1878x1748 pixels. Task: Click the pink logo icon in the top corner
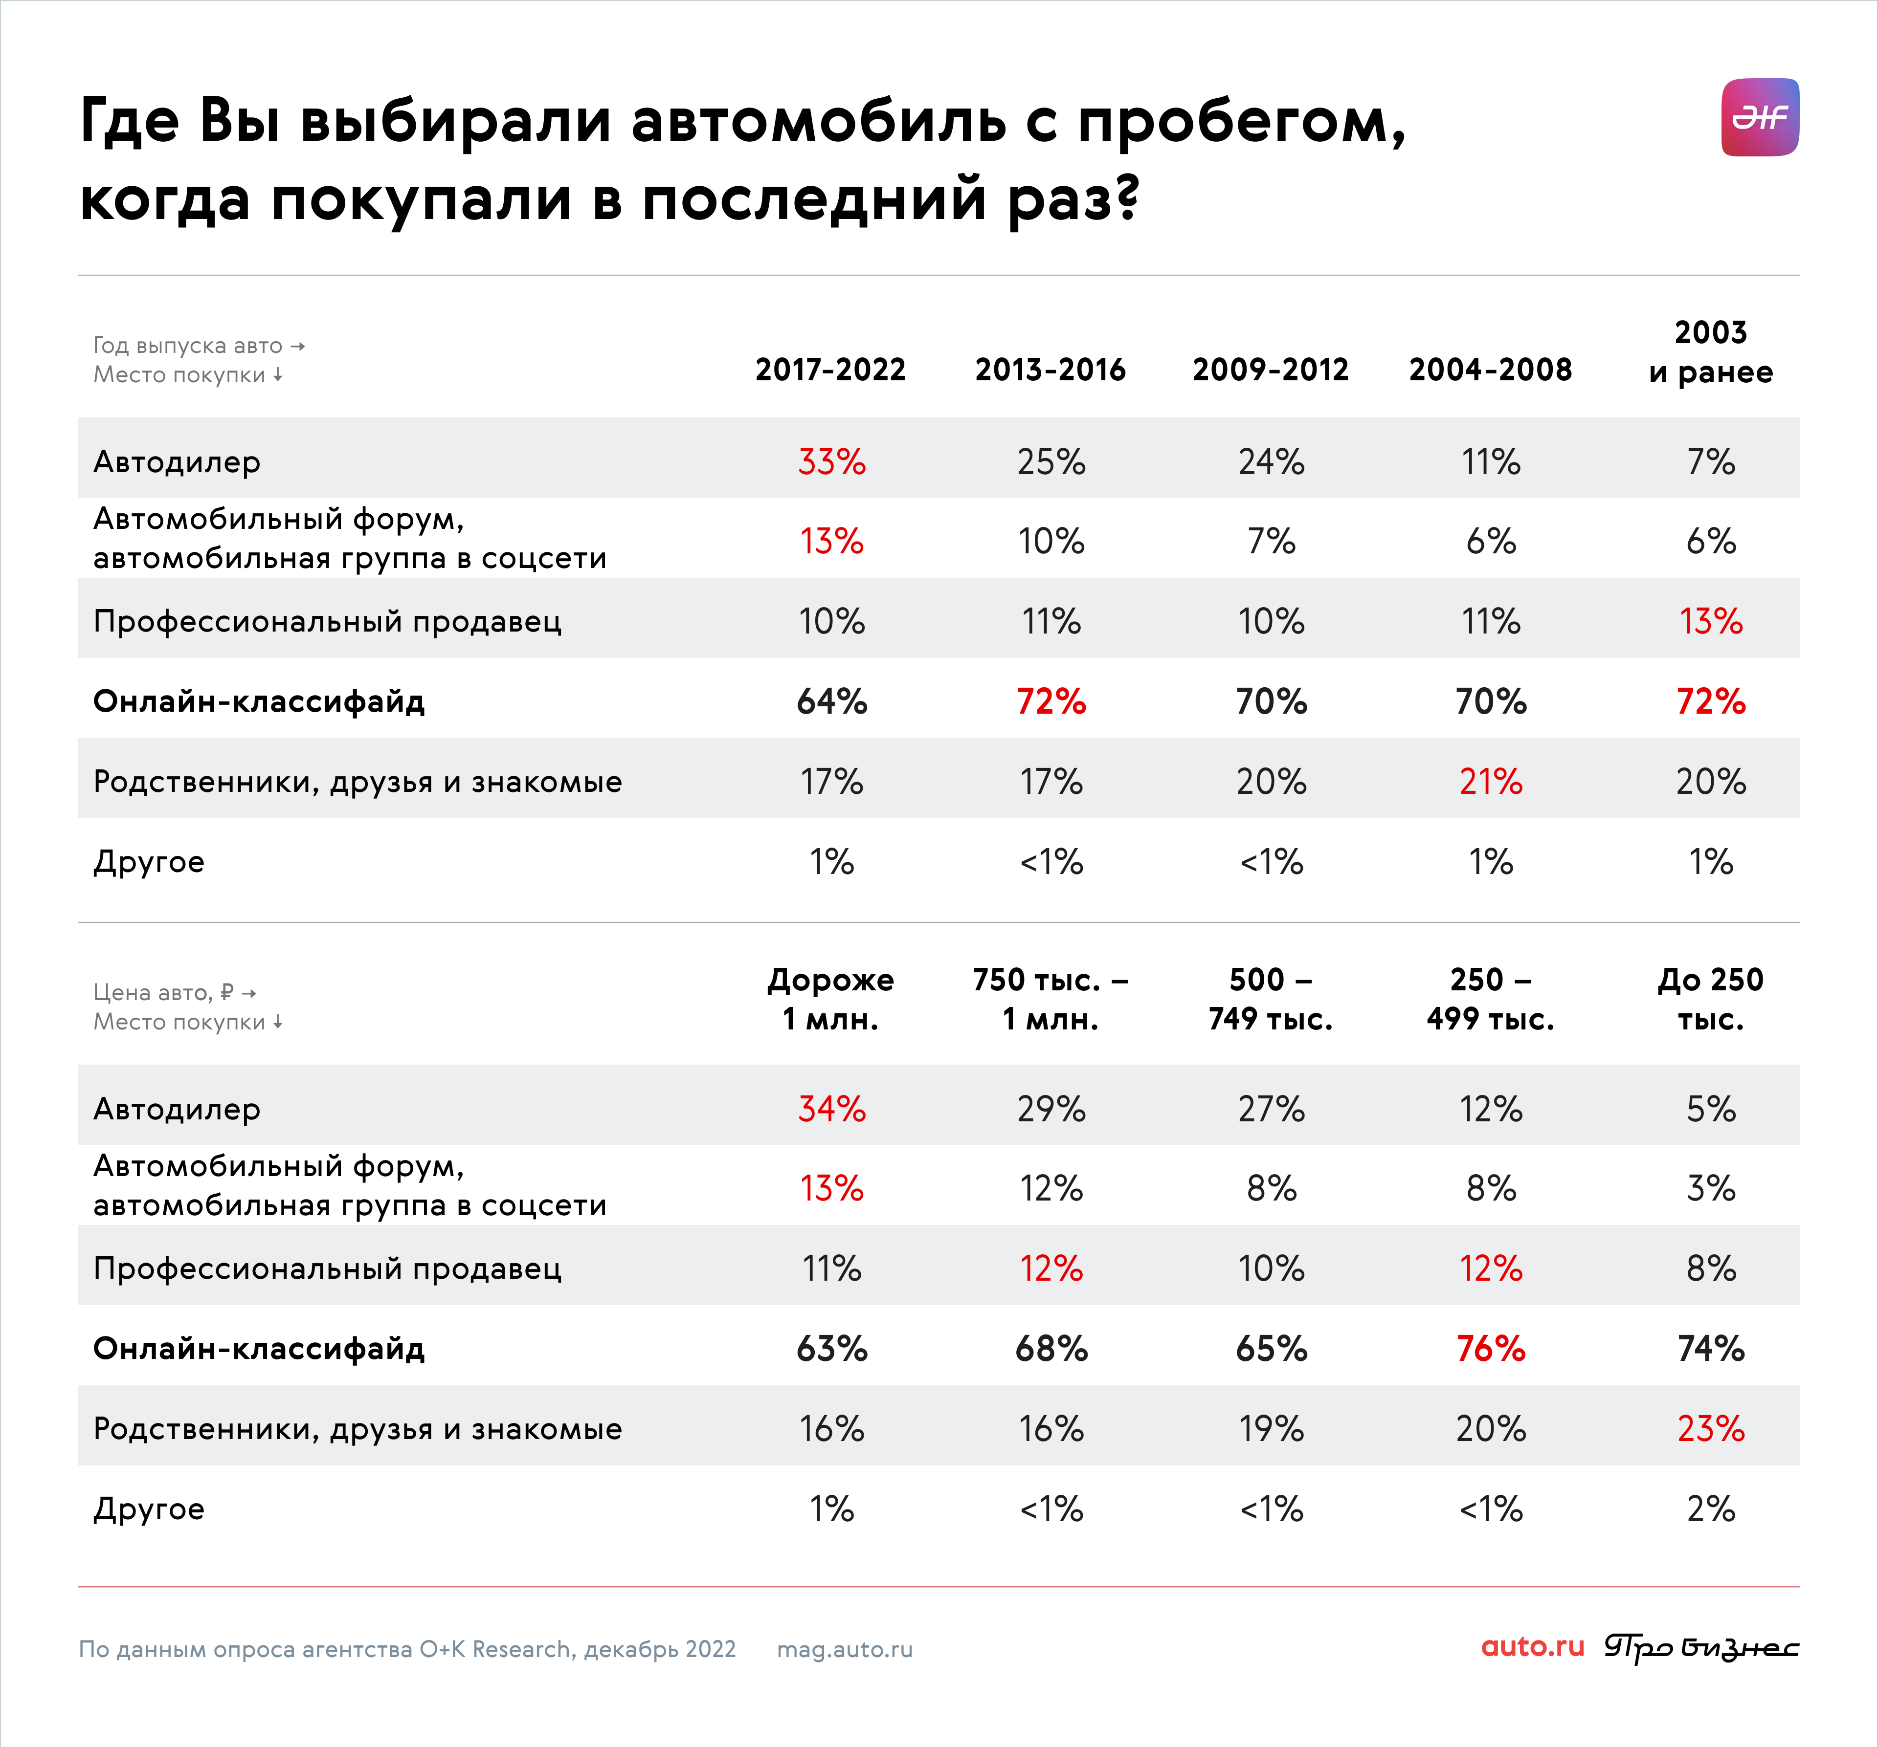coord(1760,117)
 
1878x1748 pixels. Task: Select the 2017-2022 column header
coord(830,369)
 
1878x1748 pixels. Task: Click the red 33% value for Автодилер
coord(831,462)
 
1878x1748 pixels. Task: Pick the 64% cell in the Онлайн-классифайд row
coord(831,701)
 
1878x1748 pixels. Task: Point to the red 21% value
coord(1491,782)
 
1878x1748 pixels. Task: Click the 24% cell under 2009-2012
coord(1272,462)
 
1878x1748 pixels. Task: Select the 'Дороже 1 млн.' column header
coord(830,999)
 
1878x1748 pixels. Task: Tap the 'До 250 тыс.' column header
coord(1711,999)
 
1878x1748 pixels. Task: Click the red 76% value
coord(1491,1349)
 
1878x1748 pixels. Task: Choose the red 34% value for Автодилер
coord(831,1109)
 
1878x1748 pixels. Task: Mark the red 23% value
coord(1711,1429)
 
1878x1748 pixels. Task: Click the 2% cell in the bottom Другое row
coord(1711,1509)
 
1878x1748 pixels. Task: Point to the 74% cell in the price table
coord(1711,1349)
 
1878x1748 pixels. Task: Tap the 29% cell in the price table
coord(1051,1109)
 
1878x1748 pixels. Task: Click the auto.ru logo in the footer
coord(1532,1647)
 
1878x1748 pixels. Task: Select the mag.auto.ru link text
coord(845,1650)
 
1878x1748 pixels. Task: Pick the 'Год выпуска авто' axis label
coord(188,346)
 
